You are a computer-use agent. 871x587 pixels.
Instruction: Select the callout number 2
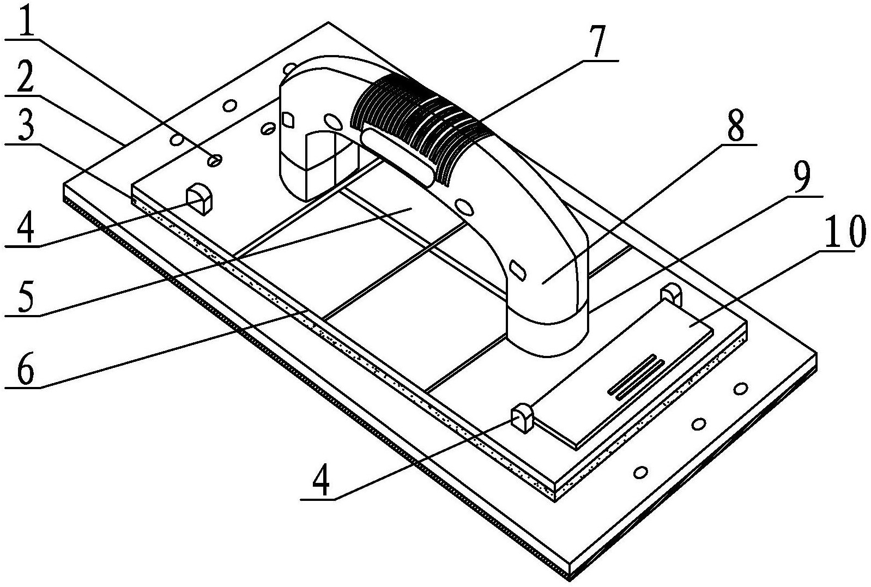(24, 78)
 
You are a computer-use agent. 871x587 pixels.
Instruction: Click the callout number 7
(596, 41)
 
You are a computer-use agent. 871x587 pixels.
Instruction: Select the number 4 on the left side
(26, 229)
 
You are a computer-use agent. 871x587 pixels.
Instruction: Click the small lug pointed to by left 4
(199, 198)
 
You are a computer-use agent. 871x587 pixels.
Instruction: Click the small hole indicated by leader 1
(214, 160)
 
